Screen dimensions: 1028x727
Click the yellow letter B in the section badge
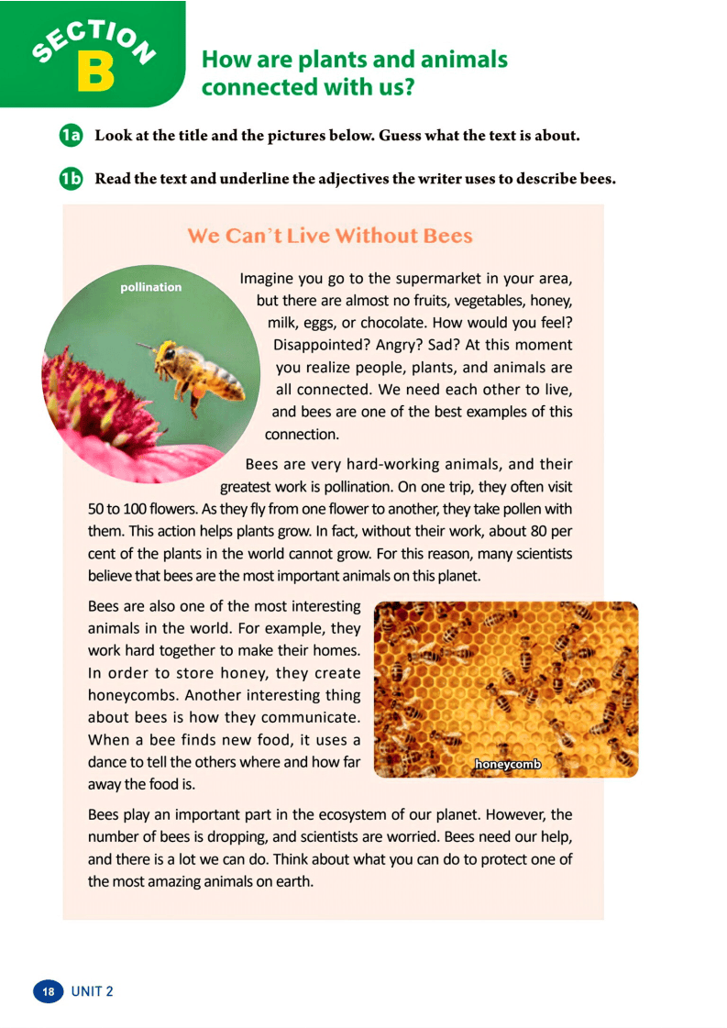tap(95, 72)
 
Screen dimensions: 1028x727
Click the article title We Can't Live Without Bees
tap(330, 236)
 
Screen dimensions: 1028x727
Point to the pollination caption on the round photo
tap(151, 287)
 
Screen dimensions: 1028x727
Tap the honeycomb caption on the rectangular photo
tap(508, 763)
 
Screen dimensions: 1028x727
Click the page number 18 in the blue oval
tap(49, 991)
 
